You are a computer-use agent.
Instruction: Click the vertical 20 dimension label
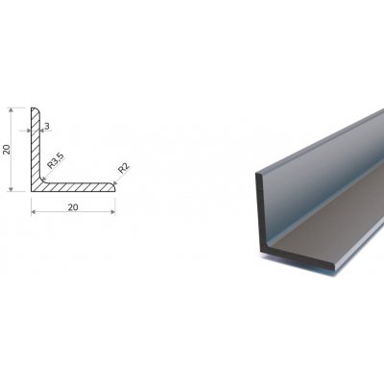tap(7, 149)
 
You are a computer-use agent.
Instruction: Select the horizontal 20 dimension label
tap(73, 207)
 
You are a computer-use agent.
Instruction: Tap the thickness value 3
tap(47, 127)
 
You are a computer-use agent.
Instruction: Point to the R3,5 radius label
tap(56, 160)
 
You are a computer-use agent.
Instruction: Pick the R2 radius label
tap(124, 168)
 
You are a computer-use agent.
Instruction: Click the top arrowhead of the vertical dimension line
tap(12, 110)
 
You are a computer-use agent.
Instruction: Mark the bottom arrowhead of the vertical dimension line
tap(12, 189)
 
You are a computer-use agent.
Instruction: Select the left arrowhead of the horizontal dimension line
tap(34, 211)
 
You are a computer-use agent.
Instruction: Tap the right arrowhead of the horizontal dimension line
tap(112, 211)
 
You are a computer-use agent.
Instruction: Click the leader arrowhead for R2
tap(115, 182)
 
